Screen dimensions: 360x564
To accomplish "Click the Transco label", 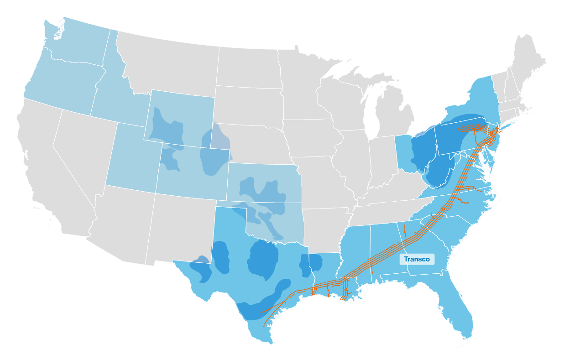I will coord(417,259).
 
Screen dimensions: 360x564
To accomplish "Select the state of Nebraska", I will coord(256,141).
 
